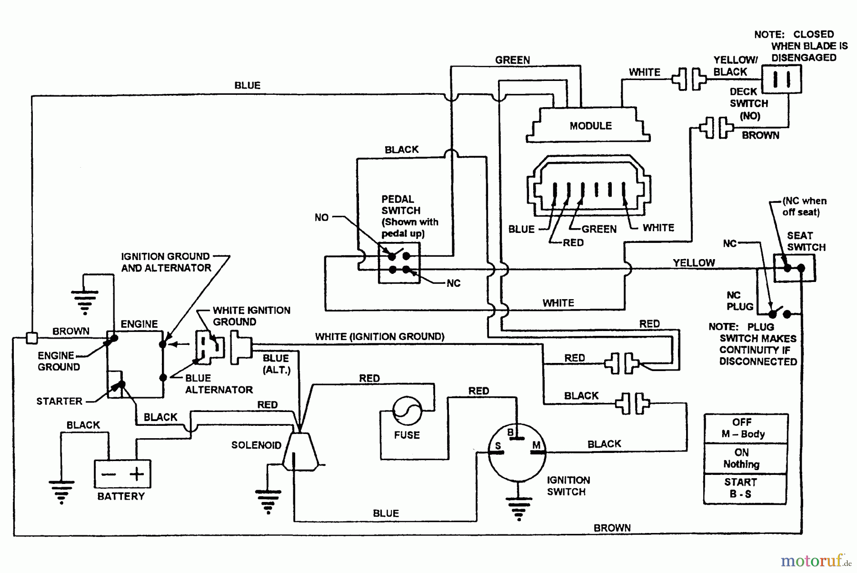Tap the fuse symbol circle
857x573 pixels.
click(407, 411)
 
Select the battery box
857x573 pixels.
click(122, 473)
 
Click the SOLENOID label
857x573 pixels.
click(256, 445)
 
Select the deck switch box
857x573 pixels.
click(781, 79)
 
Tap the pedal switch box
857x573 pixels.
click(399, 263)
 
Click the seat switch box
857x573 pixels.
click(794, 268)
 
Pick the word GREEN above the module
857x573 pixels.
click(512, 60)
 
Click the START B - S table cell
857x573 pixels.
click(745, 488)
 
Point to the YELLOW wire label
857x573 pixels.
click(694, 262)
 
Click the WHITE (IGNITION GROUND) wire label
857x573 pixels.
click(379, 337)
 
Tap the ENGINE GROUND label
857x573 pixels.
click(58, 361)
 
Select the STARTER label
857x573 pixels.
click(60, 401)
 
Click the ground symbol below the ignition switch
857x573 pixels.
click(518, 507)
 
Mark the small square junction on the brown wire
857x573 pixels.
click(31, 338)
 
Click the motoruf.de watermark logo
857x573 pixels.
click(815, 561)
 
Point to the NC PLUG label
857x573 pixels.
click(740, 301)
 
